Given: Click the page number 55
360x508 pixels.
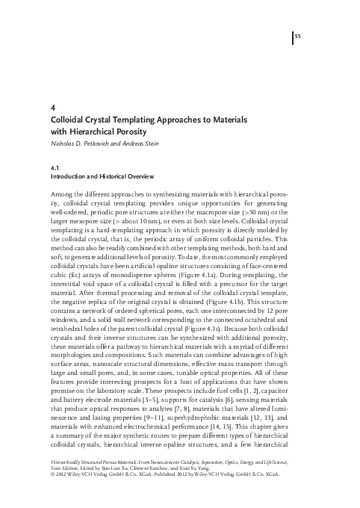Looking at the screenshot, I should (297, 36).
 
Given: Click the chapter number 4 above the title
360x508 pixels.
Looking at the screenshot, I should (51, 107).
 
